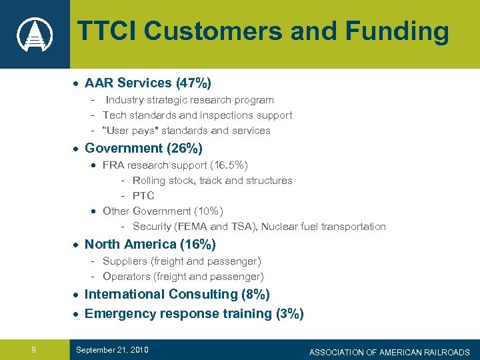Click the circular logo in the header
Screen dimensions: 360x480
tap(34, 33)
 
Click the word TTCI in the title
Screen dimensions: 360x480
tap(107, 31)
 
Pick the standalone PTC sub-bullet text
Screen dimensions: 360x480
tap(143, 195)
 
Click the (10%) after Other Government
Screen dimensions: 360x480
tap(209, 211)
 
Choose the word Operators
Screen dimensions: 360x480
tap(127, 277)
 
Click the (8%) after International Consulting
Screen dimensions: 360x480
tap(255, 295)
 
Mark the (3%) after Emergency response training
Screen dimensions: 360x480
tap(289, 314)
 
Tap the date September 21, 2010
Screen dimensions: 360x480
tap(112, 350)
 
